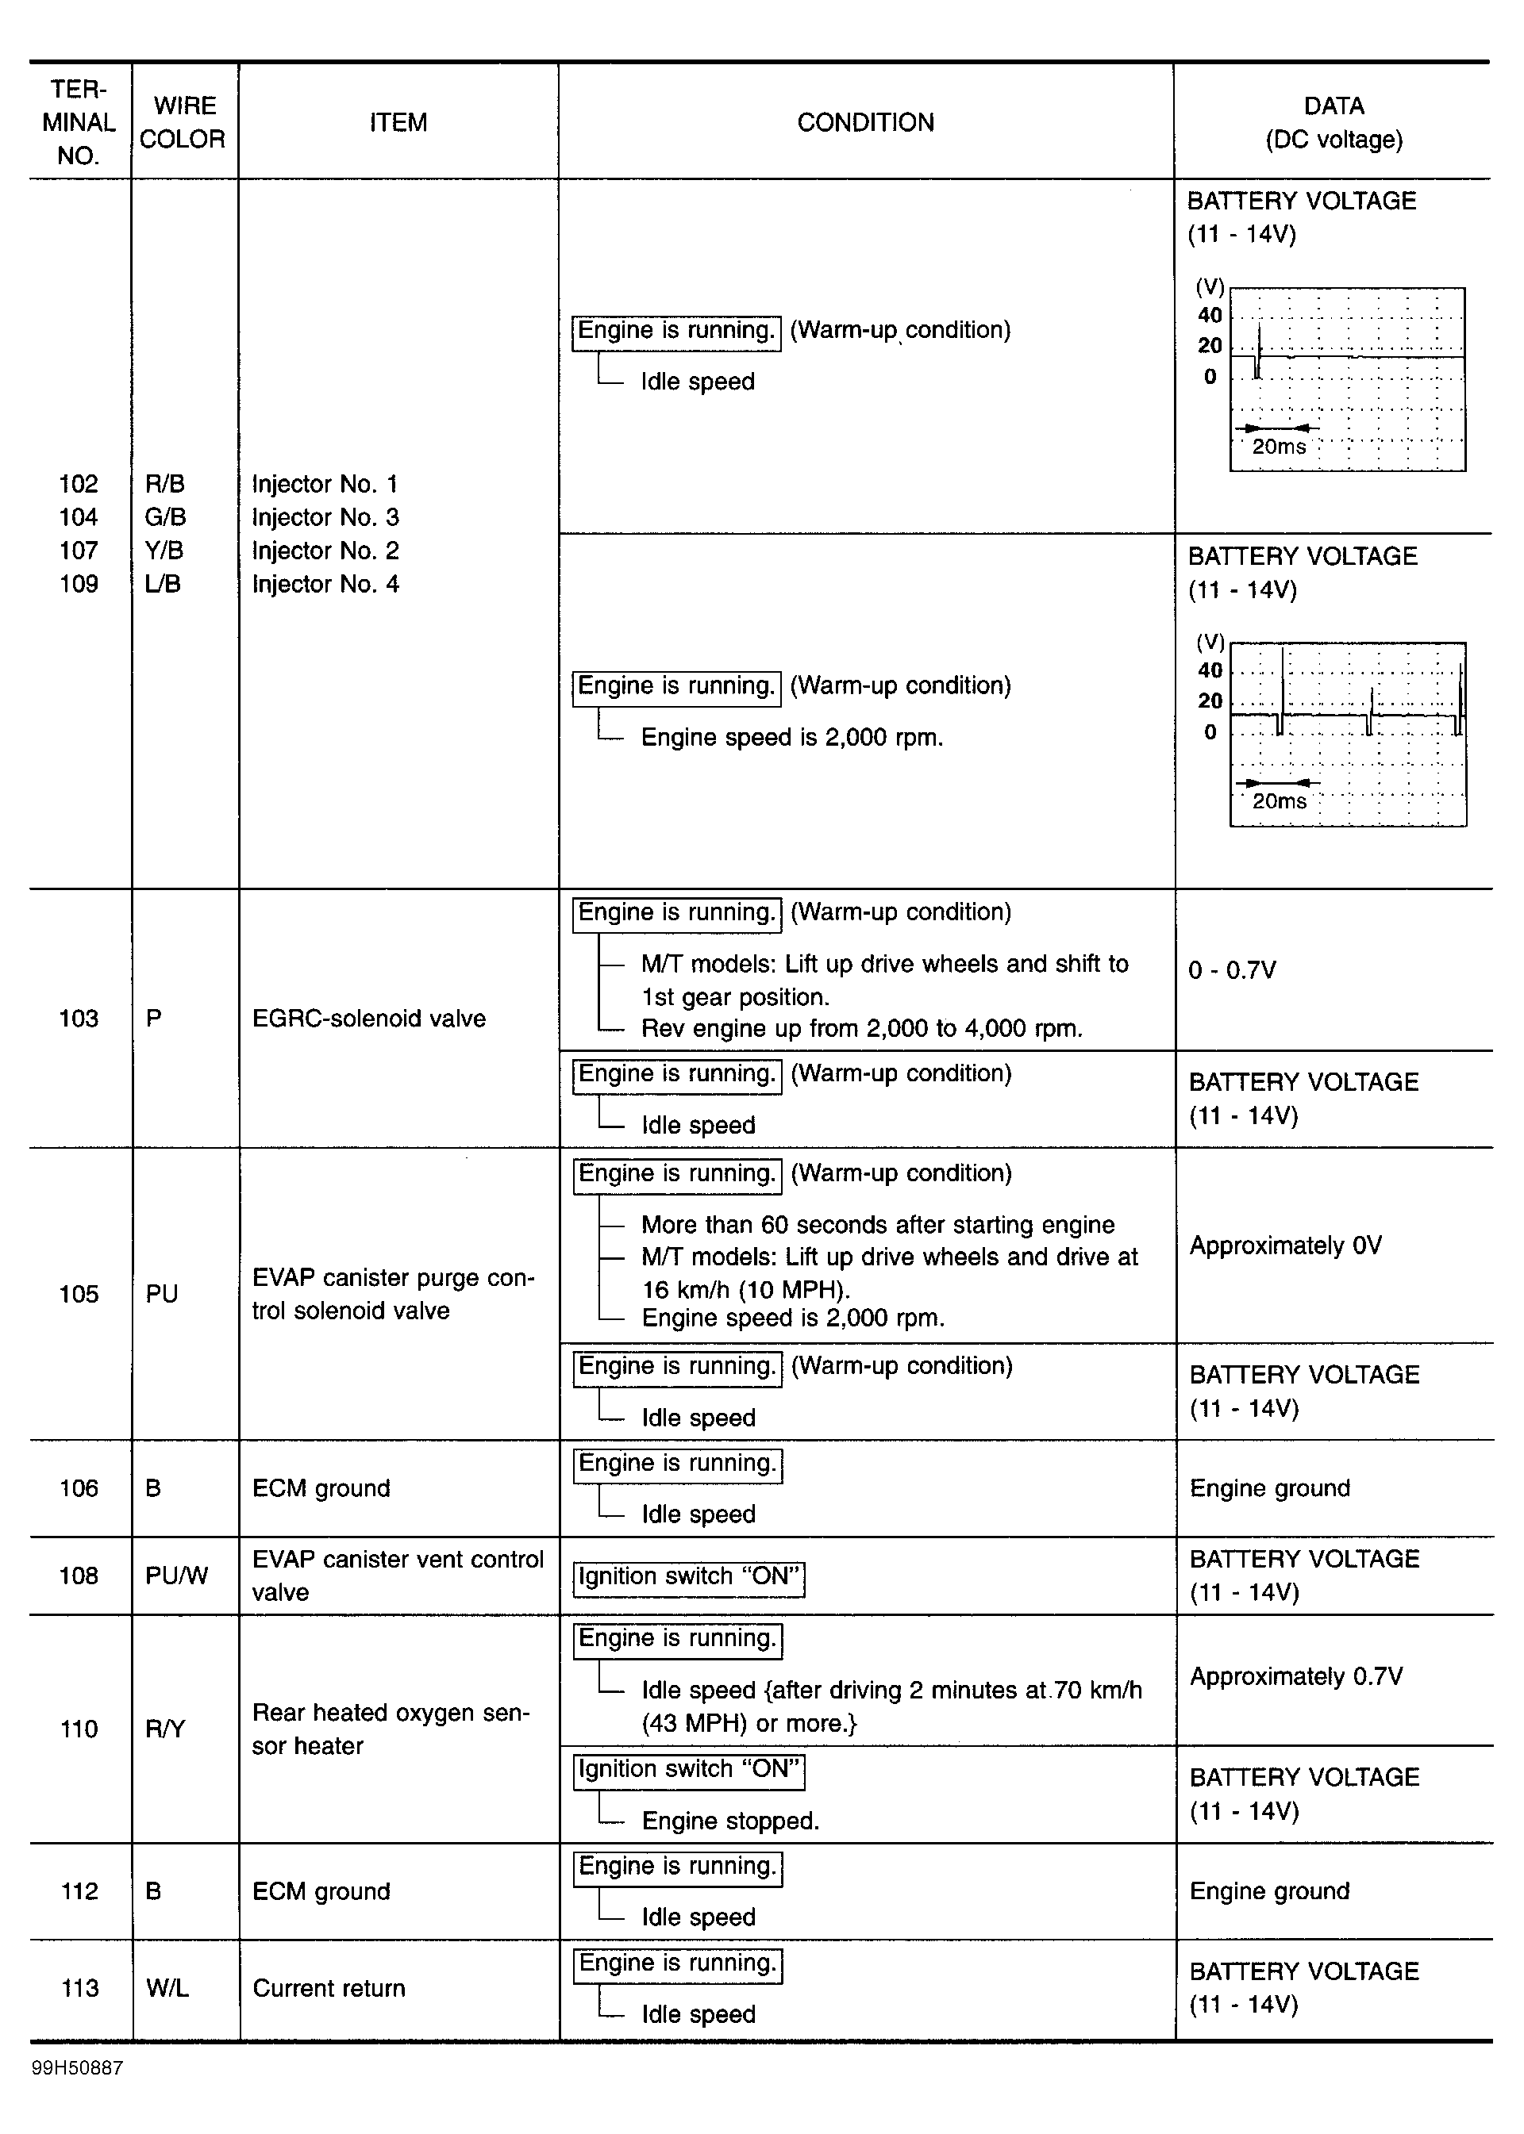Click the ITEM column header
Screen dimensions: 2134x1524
pos(398,122)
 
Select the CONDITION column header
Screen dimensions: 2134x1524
pos(865,122)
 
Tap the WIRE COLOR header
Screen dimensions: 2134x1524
pos(183,122)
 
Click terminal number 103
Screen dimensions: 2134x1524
pos(79,1018)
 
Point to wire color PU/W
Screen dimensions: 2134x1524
pos(176,1575)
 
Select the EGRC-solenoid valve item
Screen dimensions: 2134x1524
pos(369,1018)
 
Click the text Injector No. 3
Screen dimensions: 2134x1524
pos(325,517)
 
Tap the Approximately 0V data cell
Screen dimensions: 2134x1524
pos(1285,1245)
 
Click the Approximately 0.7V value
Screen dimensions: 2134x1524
pos(1296,1675)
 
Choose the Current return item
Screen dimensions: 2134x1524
pos(329,1988)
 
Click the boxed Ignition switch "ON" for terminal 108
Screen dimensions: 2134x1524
pos(689,1577)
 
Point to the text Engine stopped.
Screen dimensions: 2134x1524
pos(730,1821)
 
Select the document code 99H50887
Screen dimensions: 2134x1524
pos(77,2068)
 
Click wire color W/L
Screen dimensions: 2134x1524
pos(167,1988)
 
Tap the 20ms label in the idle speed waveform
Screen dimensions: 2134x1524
pos(1278,447)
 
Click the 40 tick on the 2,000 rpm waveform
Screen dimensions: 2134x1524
pos(1210,670)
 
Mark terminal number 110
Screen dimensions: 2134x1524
pos(79,1729)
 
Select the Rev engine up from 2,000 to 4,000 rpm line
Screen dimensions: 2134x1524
pos(861,1028)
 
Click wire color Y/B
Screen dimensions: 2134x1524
pos(164,550)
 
